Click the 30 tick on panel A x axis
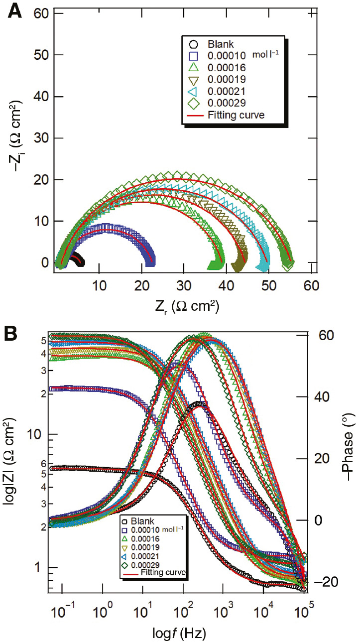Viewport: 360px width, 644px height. coord(184,284)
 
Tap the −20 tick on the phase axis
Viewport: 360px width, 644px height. coord(324,582)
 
